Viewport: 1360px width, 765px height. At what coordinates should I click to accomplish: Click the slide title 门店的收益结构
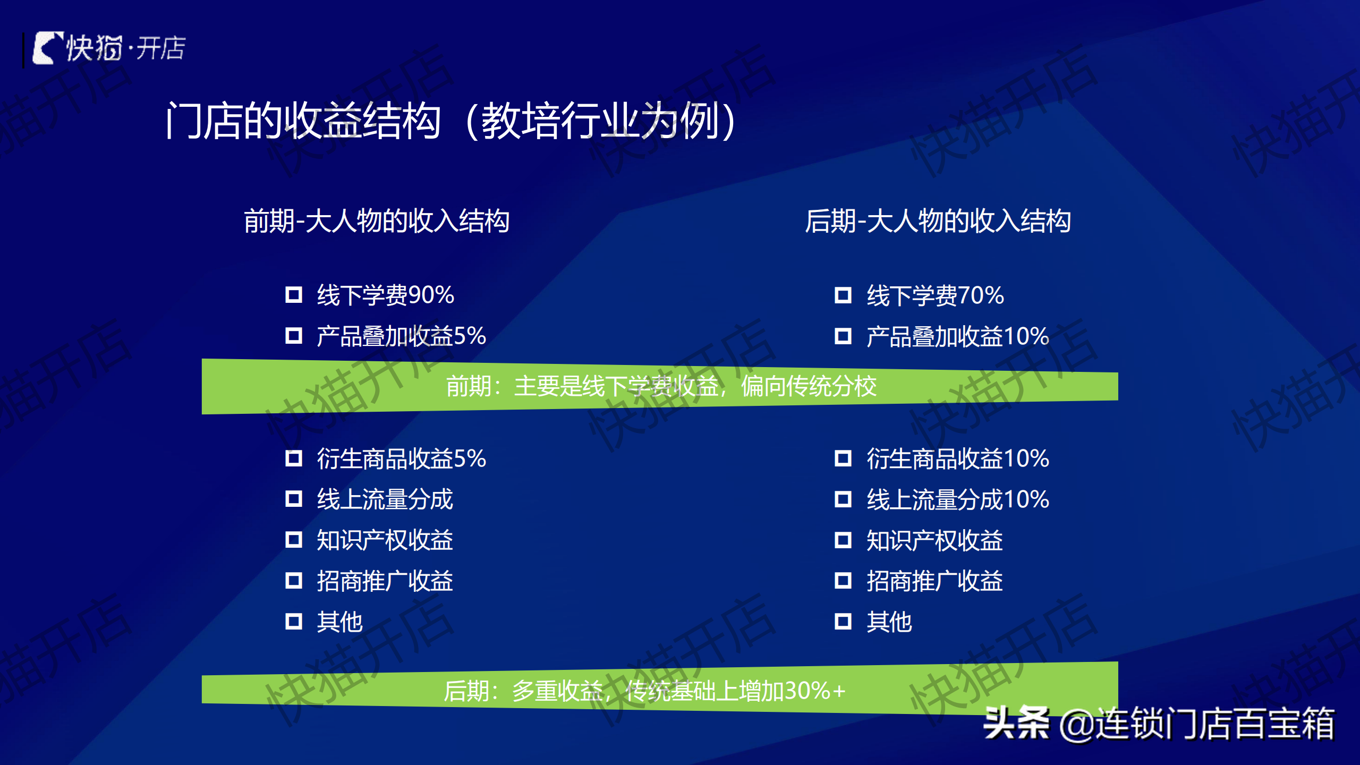point(303,121)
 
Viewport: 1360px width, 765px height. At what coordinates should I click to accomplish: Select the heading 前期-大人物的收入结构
point(377,221)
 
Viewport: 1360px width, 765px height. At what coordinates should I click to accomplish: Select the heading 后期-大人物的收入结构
point(938,221)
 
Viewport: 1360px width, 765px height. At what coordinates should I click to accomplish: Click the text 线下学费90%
point(386,295)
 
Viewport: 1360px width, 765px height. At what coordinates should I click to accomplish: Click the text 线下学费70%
point(936,295)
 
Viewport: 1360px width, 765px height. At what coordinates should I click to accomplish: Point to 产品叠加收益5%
point(402,336)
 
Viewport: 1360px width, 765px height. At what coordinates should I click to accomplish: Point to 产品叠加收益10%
point(958,336)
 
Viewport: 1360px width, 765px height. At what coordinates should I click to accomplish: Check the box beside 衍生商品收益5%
point(294,458)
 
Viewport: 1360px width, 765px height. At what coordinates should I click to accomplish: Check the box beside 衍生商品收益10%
point(843,458)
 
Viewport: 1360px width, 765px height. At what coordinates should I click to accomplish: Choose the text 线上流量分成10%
point(958,499)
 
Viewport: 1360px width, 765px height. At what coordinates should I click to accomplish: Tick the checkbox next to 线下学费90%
point(294,294)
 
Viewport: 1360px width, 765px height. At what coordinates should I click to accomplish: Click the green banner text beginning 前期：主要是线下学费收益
point(661,386)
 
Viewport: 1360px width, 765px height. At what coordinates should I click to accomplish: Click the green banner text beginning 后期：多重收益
point(644,691)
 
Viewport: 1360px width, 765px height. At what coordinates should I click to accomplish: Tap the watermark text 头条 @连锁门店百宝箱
point(1159,723)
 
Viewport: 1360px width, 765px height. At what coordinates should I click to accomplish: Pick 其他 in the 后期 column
point(889,622)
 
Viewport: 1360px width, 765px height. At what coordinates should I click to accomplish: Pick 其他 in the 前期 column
point(340,622)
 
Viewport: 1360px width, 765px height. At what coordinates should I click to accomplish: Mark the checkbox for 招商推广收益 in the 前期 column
point(294,580)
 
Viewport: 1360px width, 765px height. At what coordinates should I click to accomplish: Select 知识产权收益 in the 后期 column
point(935,540)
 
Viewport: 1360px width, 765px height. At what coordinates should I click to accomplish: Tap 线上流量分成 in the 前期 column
point(385,499)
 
